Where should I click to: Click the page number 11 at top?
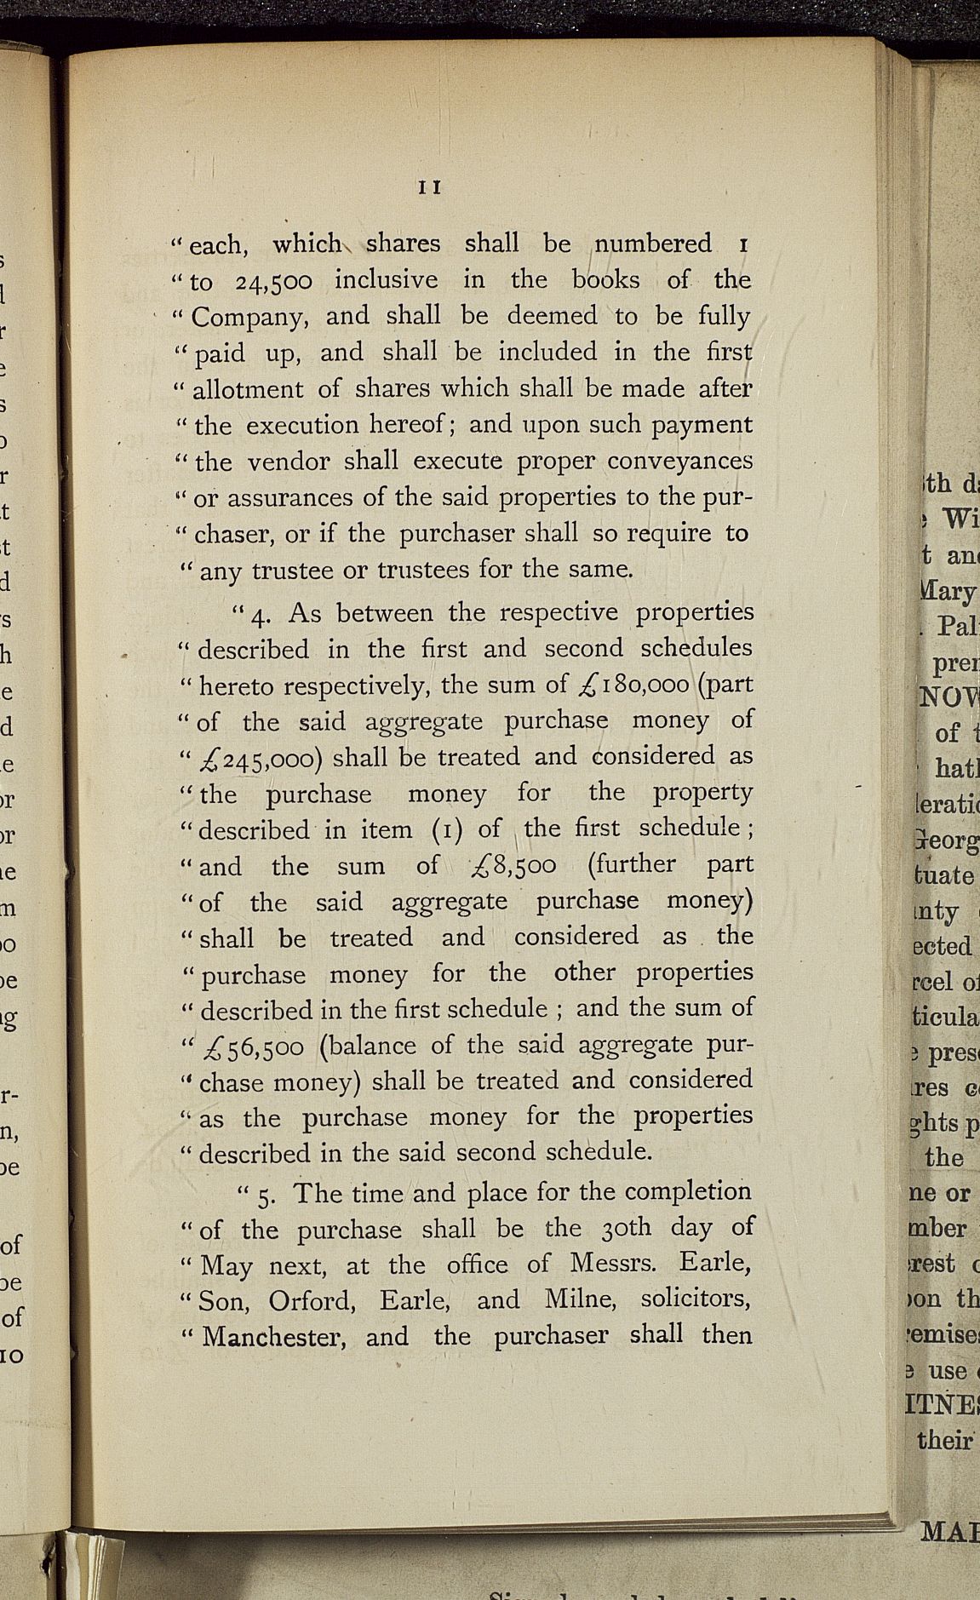tap(428, 187)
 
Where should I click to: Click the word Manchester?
tap(273, 1336)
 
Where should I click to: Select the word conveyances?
tap(679, 461)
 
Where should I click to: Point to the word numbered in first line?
tap(653, 244)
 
